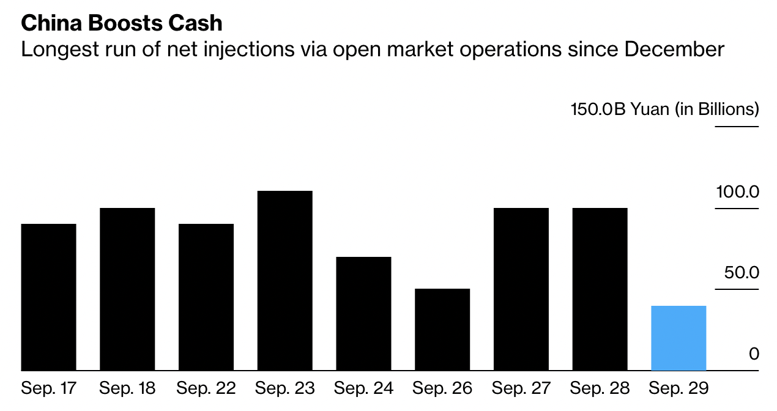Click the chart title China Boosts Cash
point(121,23)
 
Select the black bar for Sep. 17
point(49,297)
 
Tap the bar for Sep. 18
point(127,289)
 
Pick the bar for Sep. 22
point(206,297)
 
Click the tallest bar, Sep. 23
point(285,280)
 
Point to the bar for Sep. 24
point(363,313)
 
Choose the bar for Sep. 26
point(442,329)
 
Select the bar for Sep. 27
point(521,289)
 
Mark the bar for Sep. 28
point(600,289)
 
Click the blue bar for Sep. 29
point(678,338)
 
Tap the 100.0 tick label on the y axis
point(737,192)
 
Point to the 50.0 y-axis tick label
point(742,272)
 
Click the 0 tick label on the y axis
point(754,354)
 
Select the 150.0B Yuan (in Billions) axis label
point(664,110)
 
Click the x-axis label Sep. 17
point(49,388)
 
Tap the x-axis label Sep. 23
point(285,388)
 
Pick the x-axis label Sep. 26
point(442,388)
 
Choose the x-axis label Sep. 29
point(678,388)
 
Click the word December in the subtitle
point(674,49)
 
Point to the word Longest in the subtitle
point(58,50)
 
